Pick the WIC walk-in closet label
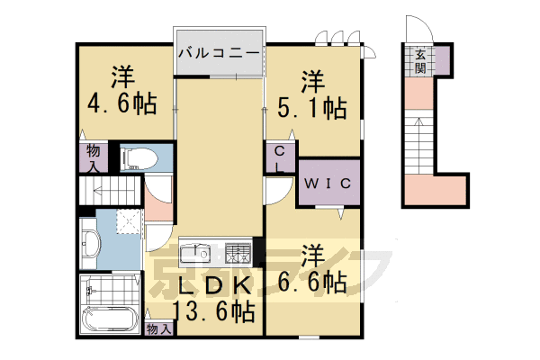[328, 183]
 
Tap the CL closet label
[279, 160]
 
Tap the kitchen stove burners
[238, 251]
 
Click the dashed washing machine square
[128, 221]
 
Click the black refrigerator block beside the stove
[258, 249]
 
